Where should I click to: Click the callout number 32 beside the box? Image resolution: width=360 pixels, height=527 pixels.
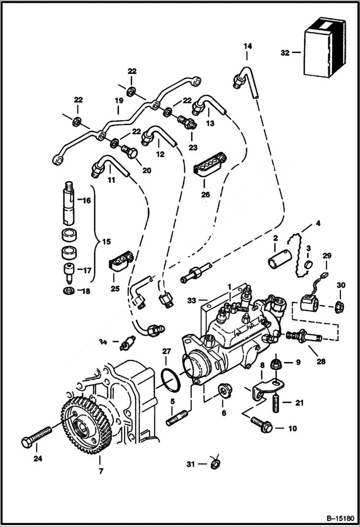click(x=285, y=53)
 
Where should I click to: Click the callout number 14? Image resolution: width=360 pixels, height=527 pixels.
click(x=248, y=46)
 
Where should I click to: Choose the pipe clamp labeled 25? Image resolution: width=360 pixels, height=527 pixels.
click(x=121, y=261)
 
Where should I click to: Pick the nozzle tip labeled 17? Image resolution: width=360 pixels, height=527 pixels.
click(x=70, y=270)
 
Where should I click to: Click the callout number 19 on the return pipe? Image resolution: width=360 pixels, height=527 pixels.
click(x=118, y=101)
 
